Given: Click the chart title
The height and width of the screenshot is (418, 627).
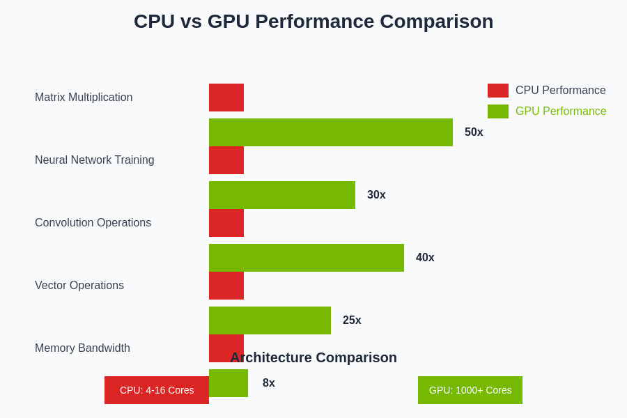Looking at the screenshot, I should coord(313,22).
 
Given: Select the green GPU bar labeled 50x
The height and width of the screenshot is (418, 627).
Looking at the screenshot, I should coord(331,132).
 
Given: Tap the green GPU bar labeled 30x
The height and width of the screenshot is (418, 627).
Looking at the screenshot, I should coord(282,195).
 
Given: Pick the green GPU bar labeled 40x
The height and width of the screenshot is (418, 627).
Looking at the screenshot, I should coord(307,258).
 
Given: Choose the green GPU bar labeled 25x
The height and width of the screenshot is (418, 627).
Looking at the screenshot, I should coord(270,320).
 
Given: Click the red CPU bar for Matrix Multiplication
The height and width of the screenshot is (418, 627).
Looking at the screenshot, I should coord(226,98).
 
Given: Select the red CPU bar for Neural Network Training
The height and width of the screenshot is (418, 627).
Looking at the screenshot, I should coord(226,160).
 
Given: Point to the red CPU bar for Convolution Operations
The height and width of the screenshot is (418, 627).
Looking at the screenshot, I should coord(226,223).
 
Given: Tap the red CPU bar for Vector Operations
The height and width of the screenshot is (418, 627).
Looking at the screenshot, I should coord(226,286).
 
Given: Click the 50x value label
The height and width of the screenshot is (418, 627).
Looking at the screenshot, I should coord(474,132).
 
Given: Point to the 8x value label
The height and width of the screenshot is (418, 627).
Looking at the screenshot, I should coord(269,383).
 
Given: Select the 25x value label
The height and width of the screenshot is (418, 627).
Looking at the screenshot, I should coord(352,320).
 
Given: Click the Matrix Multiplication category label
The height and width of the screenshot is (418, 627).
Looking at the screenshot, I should coord(84,98).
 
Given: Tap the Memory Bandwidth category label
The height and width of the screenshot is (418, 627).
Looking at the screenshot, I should coord(82,348).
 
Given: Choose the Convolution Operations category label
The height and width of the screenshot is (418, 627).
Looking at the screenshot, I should coord(93,223).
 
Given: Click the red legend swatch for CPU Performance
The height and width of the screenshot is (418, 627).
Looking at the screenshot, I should coord(498,91).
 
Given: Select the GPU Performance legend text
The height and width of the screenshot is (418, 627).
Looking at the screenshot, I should coord(561,111).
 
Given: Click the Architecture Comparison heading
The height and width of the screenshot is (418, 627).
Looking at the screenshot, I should coord(313,357).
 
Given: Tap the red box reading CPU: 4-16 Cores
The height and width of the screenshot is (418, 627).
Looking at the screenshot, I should coord(157,390).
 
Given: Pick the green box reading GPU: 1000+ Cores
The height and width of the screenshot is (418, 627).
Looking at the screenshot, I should coord(470,390).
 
